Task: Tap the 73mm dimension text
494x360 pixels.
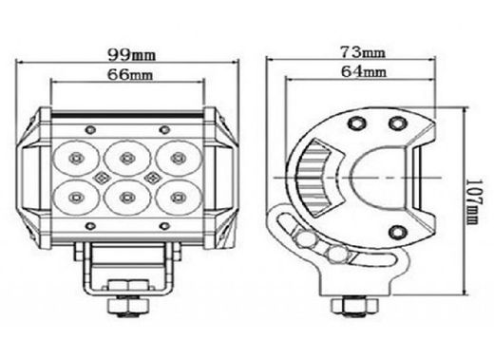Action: [x=365, y=50]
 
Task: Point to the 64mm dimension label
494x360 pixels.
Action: [x=365, y=70]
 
